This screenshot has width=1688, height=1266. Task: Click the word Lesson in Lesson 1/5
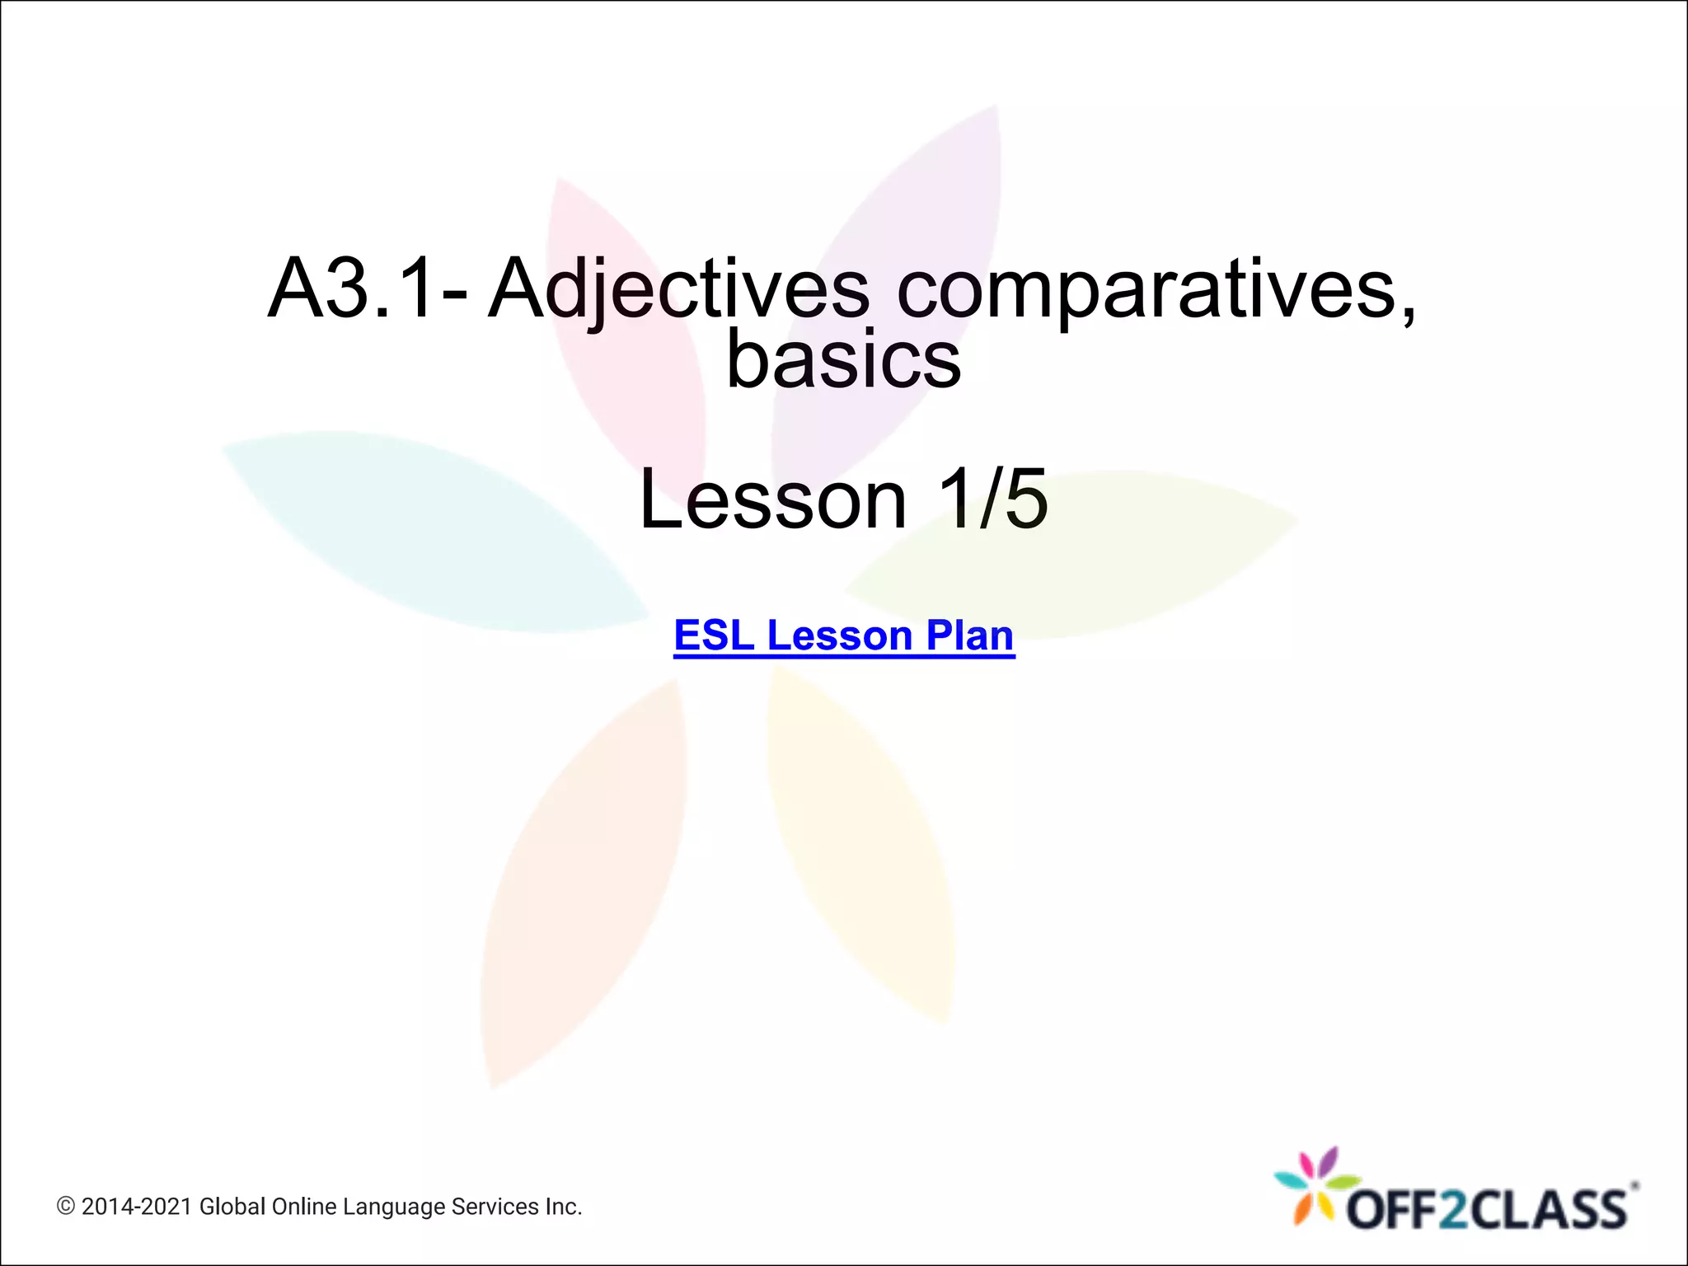[x=772, y=499]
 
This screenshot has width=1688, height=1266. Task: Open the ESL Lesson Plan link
[x=843, y=635]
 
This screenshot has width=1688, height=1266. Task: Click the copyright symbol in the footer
[x=66, y=1207]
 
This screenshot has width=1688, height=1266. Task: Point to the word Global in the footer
[x=232, y=1207]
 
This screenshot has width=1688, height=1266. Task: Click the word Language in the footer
[x=395, y=1207]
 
